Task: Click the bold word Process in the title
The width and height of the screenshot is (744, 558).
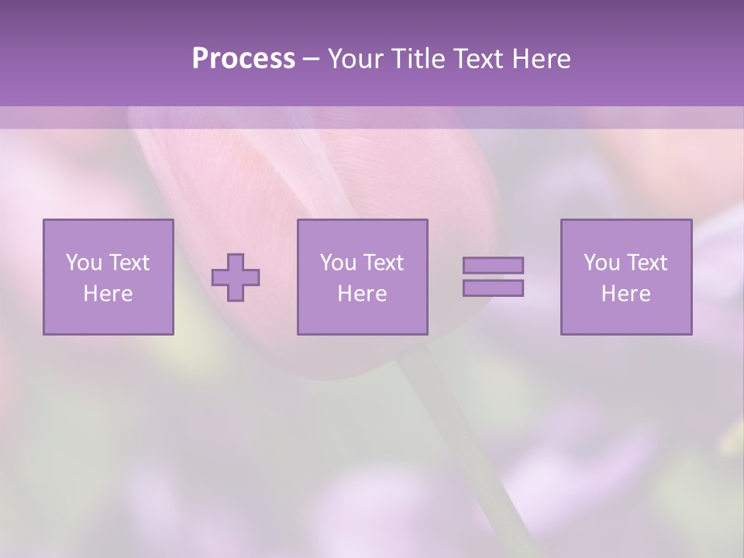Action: point(243,59)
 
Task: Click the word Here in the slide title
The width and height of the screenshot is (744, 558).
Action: point(542,59)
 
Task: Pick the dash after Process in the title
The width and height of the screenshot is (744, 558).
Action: point(312,60)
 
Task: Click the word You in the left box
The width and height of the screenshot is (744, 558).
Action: point(84,263)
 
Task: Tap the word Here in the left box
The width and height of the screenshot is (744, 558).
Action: point(108,294)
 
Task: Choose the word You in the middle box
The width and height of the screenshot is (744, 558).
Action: point(338,263)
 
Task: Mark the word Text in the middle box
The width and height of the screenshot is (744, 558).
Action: point(383,263)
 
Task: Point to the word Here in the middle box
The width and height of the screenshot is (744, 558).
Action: point(362,294)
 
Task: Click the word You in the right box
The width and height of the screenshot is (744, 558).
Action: point(601,263)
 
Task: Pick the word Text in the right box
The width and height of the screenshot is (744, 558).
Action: point(646,263)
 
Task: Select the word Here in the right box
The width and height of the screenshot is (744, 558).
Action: point(625,294)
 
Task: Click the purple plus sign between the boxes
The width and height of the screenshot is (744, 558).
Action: point(236,277)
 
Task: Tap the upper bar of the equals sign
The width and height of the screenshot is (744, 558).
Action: point(493,265)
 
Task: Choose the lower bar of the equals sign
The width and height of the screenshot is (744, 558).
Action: point(493,288)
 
